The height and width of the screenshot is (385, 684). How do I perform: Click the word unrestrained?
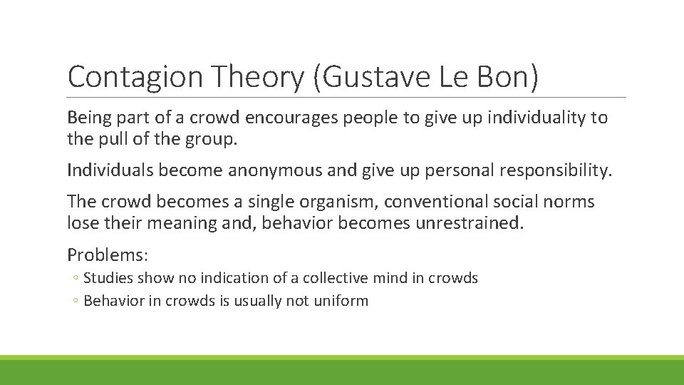click(466, 223)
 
